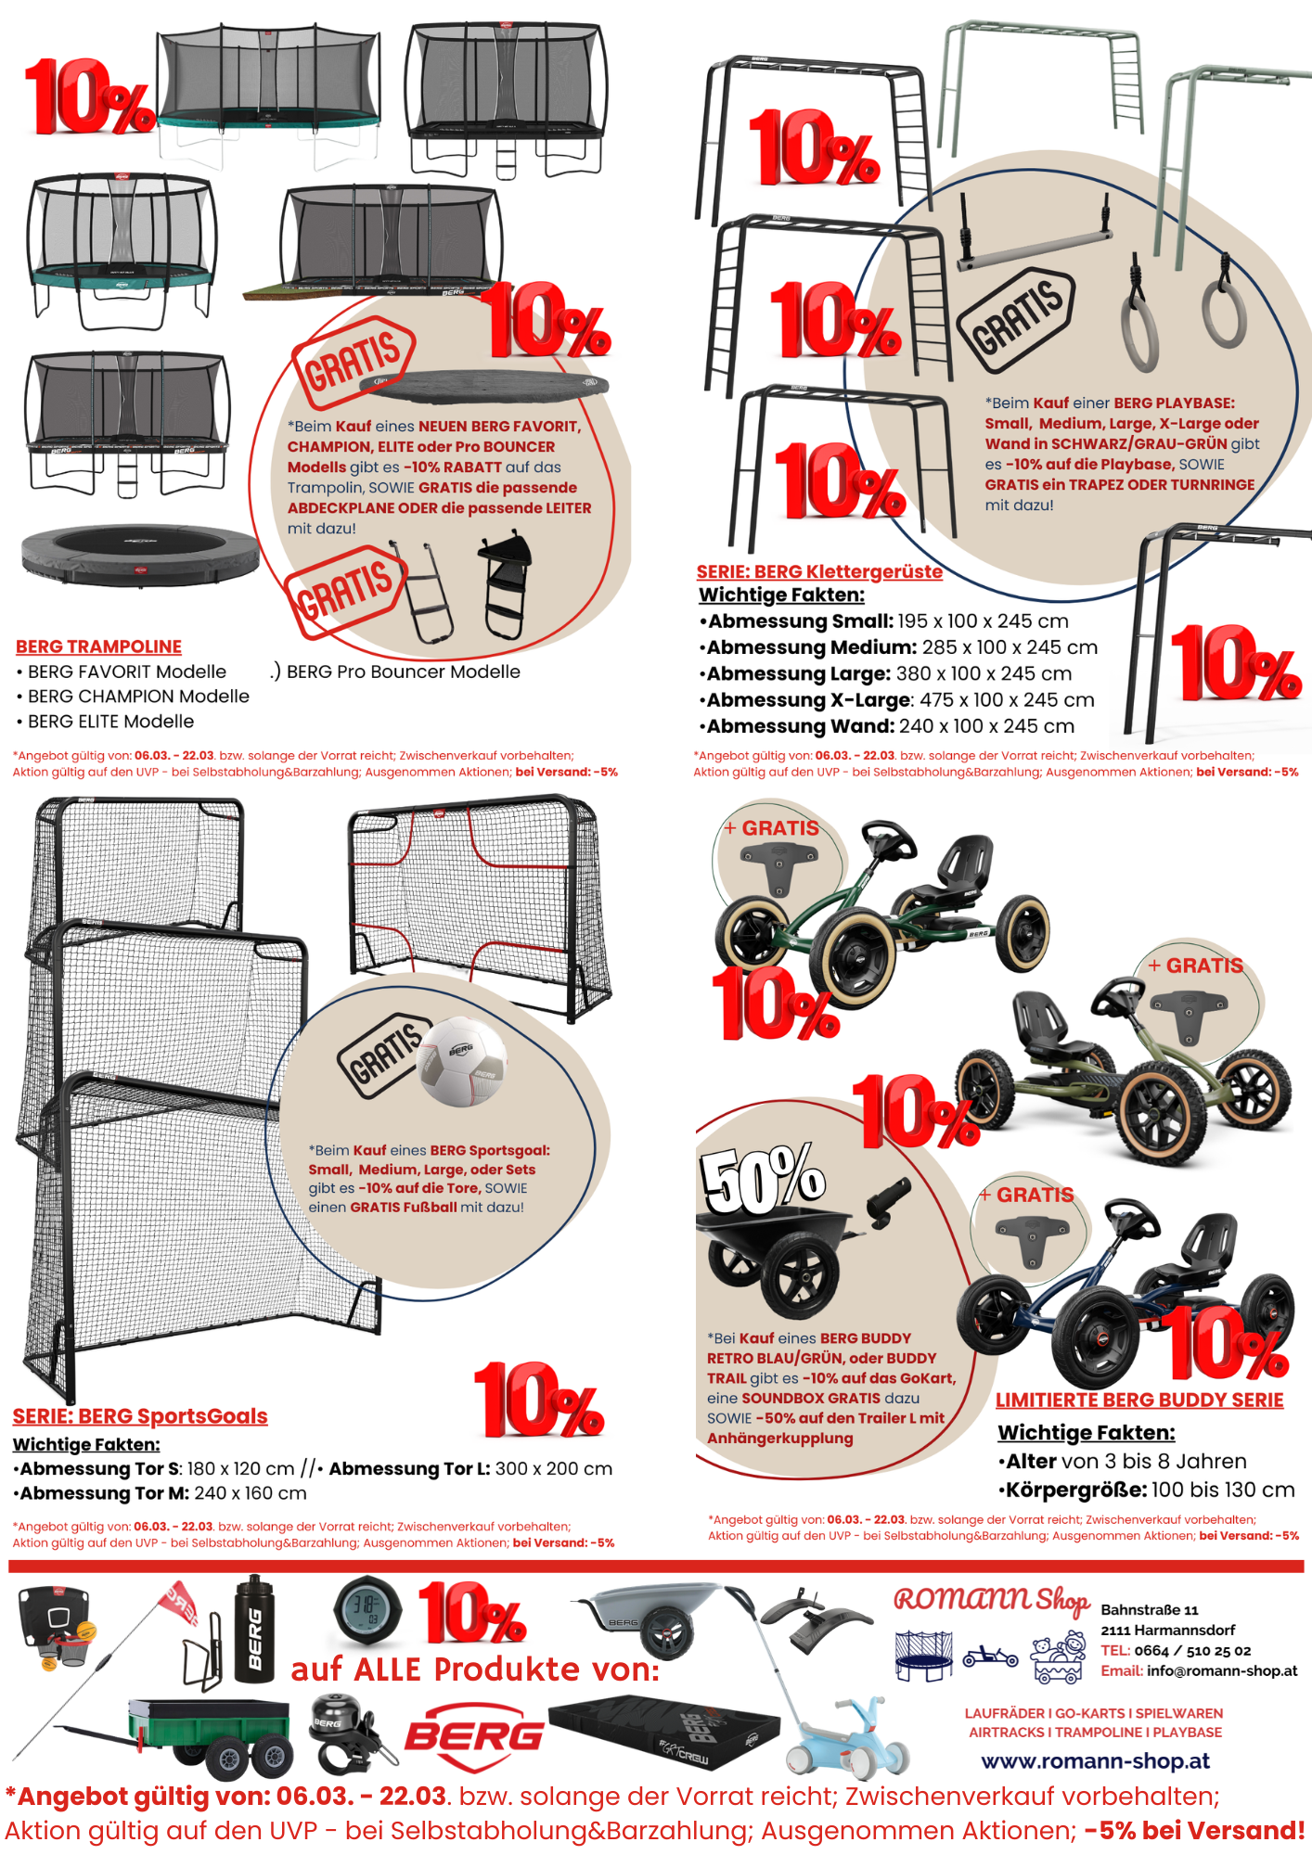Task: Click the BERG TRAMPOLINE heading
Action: tap(98, 646)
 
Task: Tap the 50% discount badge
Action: tap(763, 1180)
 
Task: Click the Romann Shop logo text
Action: tap(991, 1600)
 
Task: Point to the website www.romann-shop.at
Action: tap(1095, 1760)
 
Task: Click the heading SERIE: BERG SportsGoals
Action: tap(140, 1416)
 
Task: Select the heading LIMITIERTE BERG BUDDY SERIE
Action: tap(1139, 1401)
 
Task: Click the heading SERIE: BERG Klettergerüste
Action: tap(819, 572)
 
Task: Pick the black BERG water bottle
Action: tap(254, 1630)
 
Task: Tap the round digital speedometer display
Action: tap(367, 1611)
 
